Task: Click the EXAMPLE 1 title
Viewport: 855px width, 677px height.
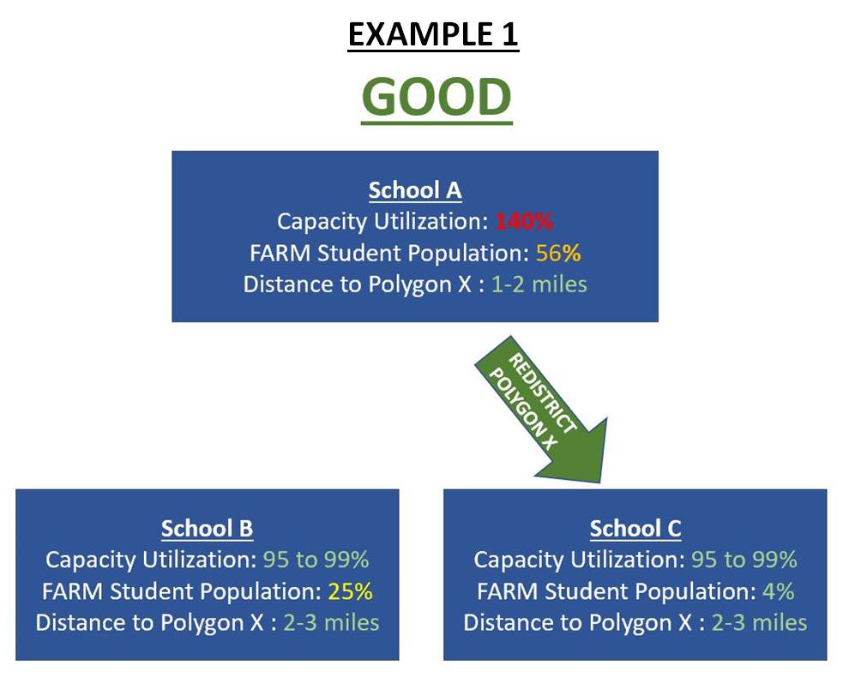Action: tap(433, 35)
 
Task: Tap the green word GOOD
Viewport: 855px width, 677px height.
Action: tap(437, 97)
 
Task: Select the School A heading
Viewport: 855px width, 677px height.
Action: tap(415, 190)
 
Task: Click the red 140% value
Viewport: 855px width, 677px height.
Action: tap(524, 221)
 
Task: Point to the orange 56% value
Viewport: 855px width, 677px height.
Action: tap(558, 253)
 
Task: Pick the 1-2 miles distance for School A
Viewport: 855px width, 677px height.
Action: tap(539, 285)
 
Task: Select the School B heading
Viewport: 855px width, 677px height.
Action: tap(208, 528)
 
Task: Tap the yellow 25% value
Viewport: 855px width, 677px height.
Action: tap(350, 591)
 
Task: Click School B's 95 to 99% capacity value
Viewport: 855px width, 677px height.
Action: tap(316, 560)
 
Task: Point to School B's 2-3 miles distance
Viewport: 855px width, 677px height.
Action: tap(332, 622)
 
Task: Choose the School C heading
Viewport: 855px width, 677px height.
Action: tap(635, 528)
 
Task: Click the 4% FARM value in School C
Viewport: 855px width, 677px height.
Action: tap(778, 591)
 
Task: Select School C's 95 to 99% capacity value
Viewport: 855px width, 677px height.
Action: tap(744, 560)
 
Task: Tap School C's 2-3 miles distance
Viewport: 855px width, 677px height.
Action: tap(760, 622)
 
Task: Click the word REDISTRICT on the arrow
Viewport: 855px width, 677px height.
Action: tap(542, 393)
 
